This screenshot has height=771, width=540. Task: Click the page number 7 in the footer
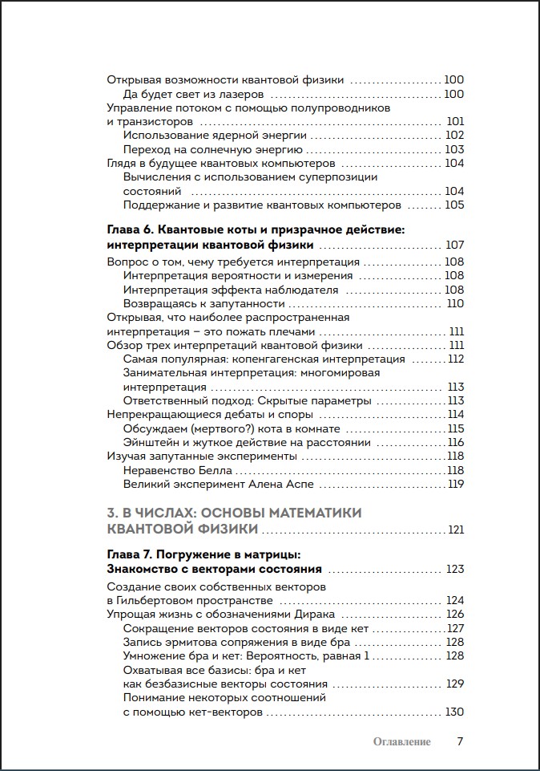460,741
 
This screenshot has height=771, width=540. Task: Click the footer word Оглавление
402,742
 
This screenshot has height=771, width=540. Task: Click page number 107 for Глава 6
454,245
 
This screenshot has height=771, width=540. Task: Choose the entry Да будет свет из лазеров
192,94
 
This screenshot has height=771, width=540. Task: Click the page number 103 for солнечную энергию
454,149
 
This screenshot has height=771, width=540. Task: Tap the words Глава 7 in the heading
127,554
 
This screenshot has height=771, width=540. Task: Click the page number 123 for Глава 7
454,570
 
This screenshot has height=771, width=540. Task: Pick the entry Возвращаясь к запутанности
204,303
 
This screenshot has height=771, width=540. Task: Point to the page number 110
455,303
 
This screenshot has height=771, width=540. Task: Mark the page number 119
456,484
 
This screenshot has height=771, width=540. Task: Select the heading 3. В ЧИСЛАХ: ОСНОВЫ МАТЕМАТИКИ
234,513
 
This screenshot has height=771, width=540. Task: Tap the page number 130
454,712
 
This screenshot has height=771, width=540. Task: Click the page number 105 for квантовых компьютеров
454,205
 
